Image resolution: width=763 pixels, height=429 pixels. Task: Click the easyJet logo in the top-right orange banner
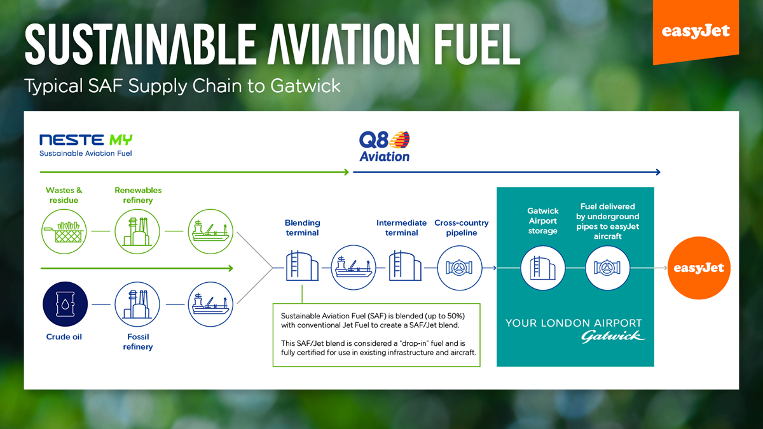[x=696, y=31]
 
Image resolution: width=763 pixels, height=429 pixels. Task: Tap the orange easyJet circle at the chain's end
[x=699, y=268]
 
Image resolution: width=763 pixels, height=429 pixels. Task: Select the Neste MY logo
[x=86, y=145]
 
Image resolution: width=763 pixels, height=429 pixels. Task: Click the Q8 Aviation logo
[x=385, y=146]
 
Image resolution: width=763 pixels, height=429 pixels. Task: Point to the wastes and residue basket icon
[x=64, y=231]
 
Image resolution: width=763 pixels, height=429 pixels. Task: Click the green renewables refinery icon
[x=137, y=231]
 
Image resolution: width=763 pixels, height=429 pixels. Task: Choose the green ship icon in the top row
[x=210, y=231]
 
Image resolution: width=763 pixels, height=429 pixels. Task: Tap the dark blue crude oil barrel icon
[x=65, y=304]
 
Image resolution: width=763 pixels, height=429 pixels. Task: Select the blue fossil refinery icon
[x=137, y=304]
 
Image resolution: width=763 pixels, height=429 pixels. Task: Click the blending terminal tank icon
[x=302, y=266]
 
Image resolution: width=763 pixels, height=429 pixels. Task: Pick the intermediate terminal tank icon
[x=405, y=266]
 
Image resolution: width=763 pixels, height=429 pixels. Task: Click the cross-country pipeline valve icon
[x=460, y=268]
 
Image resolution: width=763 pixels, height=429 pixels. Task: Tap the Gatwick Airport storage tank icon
[x=543, y=268]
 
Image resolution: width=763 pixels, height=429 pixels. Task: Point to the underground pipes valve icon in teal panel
[x=607, y=268]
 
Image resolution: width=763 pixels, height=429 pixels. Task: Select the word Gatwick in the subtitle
[x=306, y=85]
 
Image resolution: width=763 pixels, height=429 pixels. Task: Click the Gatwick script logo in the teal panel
[x=613, y=336]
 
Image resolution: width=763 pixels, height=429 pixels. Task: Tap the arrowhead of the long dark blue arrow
[x=658, y=172]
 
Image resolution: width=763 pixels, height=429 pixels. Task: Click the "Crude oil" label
[x=64, y=337]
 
